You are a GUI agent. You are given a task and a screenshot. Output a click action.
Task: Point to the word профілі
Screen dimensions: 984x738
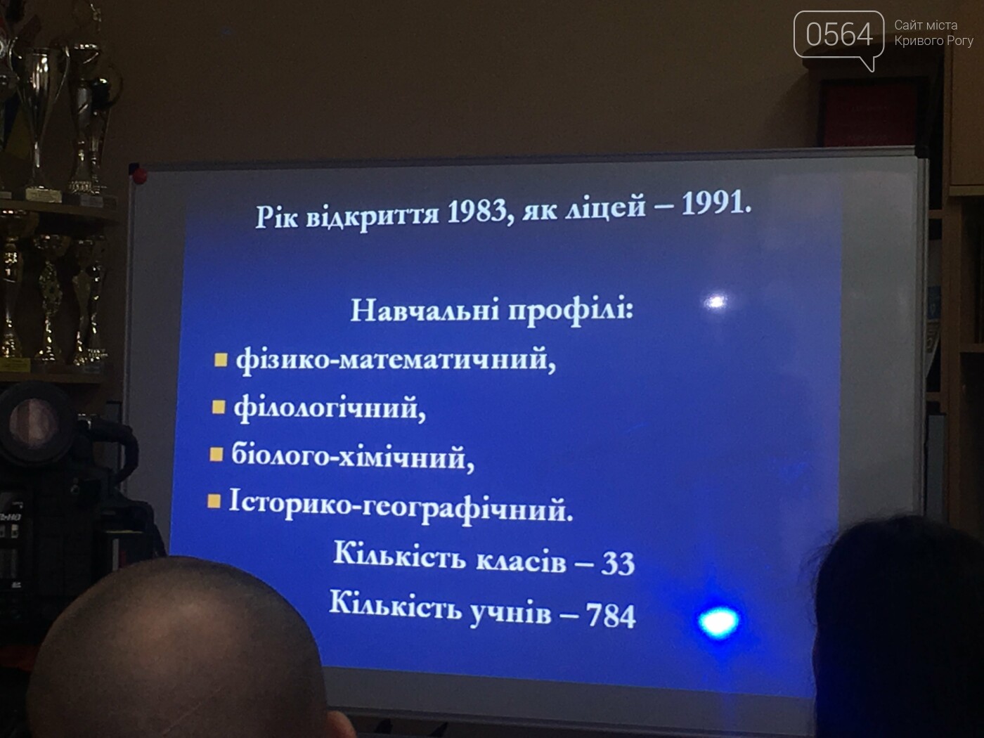[x=571, y=310]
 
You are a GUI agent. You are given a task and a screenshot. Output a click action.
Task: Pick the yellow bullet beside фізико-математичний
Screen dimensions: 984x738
[x=220, y=359]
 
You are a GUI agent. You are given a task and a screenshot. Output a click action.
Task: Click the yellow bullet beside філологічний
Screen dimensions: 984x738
[x=218, y=407]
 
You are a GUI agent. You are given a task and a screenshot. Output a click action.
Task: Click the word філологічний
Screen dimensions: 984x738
[x=330, y=408]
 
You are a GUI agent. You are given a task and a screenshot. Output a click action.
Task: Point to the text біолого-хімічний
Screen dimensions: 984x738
[x=353, y=457]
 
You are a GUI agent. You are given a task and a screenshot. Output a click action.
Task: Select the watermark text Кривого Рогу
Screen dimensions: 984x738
[x=934, y=41]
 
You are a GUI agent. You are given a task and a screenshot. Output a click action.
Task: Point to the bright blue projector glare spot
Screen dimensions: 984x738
[x=718, y=622]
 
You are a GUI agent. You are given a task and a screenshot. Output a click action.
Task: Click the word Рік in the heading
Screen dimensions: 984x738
[x=276, y=217]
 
